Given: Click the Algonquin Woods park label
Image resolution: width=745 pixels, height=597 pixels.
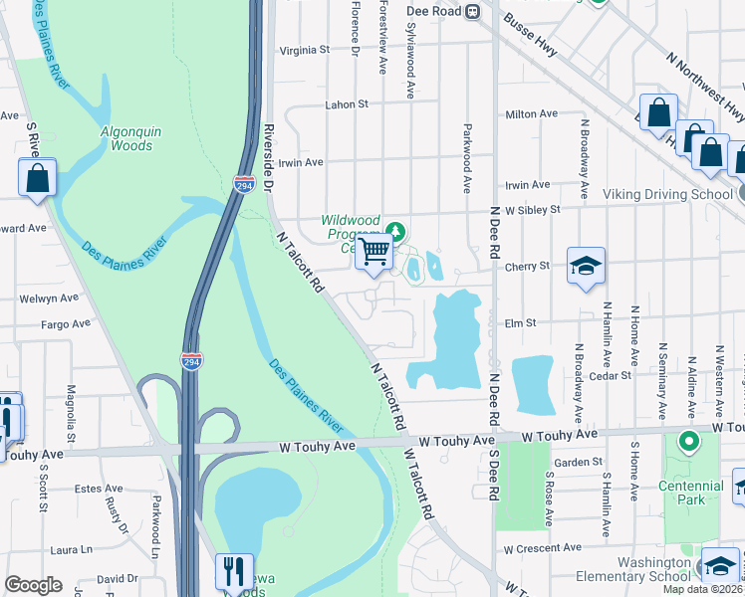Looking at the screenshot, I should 126,138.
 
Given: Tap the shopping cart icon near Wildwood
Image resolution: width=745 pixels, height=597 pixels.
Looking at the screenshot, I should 373,252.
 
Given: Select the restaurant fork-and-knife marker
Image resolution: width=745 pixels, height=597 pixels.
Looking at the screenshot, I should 234,571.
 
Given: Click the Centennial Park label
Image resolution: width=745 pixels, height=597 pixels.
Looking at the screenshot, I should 690,493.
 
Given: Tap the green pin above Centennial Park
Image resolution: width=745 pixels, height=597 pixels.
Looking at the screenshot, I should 687,439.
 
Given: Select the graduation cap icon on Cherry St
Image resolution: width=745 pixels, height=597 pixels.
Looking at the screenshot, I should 587,266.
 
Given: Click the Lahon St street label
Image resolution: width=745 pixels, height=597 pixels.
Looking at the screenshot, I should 347,103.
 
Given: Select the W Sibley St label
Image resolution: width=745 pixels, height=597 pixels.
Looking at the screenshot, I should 533,210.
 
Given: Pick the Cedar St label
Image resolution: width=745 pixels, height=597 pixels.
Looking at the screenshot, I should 611,375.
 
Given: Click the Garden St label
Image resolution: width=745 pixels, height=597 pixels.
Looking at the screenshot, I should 578,462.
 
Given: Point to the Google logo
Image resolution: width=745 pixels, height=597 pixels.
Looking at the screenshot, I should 33,585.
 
